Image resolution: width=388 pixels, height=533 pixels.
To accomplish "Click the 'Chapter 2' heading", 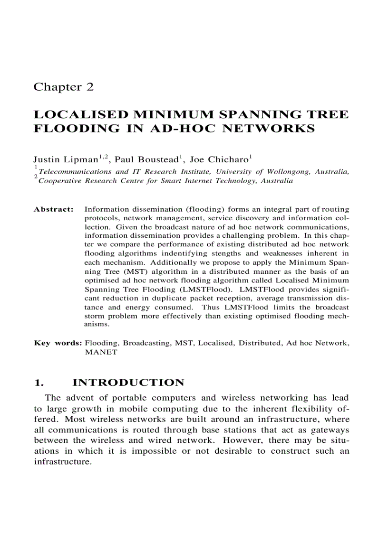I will coord(64,87).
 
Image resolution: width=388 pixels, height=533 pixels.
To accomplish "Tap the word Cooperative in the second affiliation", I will coord(60,181).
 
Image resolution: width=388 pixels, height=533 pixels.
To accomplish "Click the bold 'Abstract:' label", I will coord(54,209).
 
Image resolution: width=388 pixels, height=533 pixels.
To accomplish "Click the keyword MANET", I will coord(100,352).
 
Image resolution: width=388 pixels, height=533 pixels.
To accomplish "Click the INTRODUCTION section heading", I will coord(128,383).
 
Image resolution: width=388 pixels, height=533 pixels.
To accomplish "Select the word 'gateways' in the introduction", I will coord(329,430).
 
